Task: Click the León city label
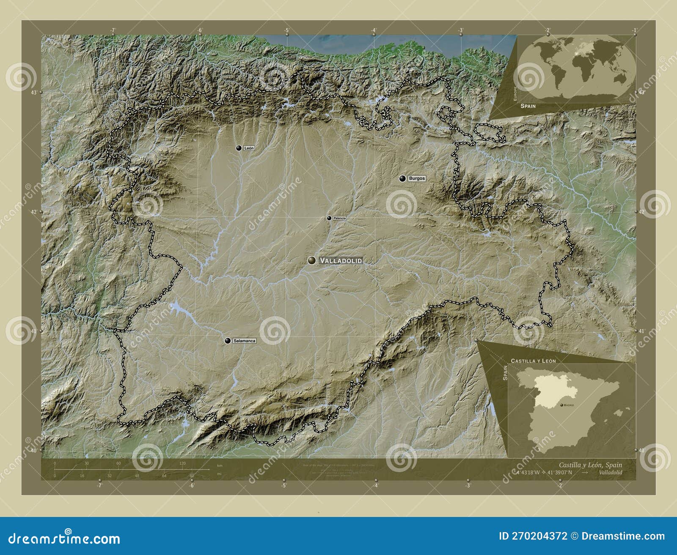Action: coord(249,148)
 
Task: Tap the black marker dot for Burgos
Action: coord(402,178)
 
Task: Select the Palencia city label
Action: coord(339,218)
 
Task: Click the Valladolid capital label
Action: coord(341,261)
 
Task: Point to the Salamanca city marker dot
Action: coord(228,340)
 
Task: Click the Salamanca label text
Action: coord(245,341)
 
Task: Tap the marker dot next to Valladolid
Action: coord(312,260)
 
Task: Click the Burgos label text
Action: coord(417,179)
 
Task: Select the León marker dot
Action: coord(239,148)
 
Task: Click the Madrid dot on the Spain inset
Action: coord(561,405)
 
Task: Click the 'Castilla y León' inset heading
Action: coord(533,361)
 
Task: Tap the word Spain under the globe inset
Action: coord(528,106)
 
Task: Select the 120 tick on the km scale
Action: coord(182,464)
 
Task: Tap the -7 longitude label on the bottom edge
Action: coord(99,486)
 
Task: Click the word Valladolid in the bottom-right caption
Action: coord(611,472)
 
